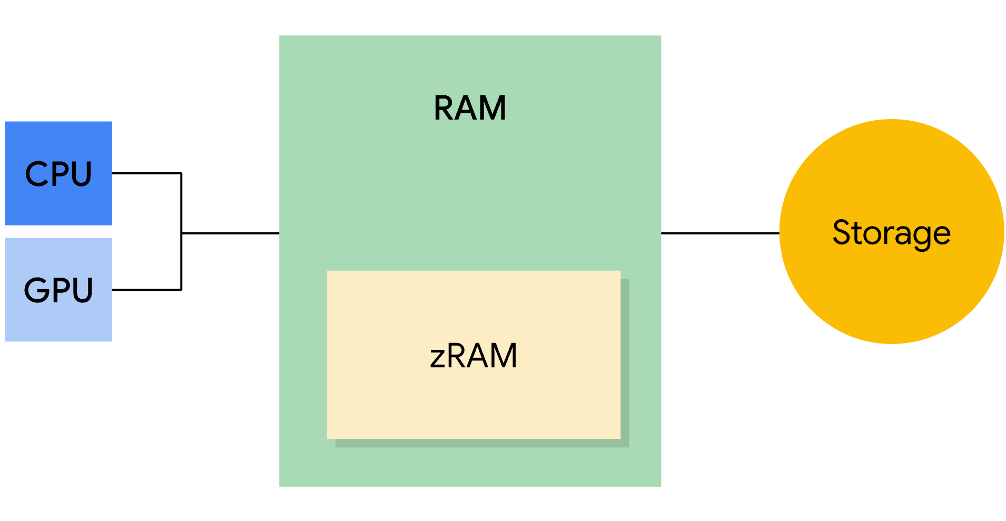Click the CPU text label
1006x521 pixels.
58,174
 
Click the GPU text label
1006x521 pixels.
58,290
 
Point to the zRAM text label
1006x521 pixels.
473,356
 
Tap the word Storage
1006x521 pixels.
891,233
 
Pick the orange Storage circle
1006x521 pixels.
891,295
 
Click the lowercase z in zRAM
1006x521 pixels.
438,358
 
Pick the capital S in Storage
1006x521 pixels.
843,232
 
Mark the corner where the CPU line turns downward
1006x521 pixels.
181,173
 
